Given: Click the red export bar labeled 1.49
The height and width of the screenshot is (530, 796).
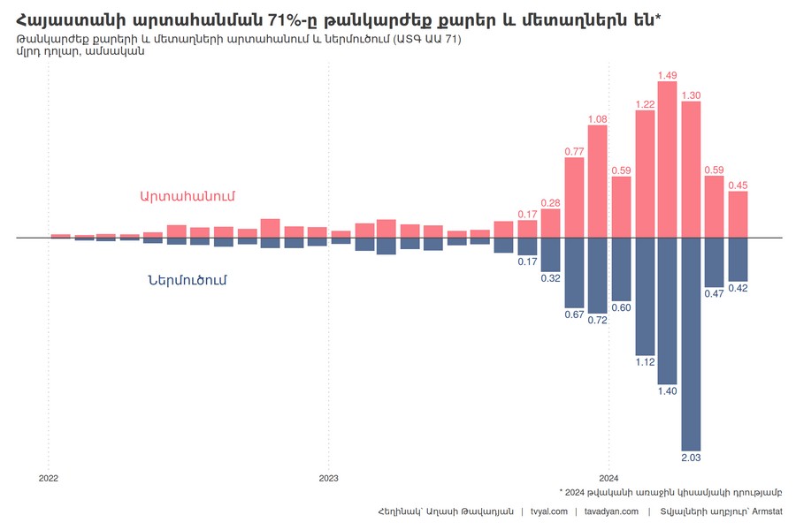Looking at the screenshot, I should tap(668, 160).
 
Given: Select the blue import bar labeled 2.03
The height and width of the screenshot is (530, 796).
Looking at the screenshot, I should tap(691, 344).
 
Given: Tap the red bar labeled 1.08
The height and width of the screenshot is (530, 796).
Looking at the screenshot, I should tap(598, 182).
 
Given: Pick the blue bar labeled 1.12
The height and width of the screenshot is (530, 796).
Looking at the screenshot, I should tap(645, 296).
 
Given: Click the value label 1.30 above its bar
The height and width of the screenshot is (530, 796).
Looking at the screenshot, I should tap(692, 95).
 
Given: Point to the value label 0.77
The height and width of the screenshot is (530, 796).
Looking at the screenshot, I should tap(574, 152).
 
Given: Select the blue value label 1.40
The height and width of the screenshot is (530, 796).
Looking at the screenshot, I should tap(668, 390).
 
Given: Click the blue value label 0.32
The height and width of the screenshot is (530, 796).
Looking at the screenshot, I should tap(550, 278).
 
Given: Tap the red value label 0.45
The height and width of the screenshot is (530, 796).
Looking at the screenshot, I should tap(738, 185).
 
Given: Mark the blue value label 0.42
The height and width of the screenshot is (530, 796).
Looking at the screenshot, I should tap(738, 288).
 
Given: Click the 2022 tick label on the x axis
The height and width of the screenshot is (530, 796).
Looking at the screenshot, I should tap(49, 477).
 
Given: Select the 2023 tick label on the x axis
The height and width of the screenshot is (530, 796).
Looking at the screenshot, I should tap(328, 477).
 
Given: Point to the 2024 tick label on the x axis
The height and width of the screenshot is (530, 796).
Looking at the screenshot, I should tap(608, 477).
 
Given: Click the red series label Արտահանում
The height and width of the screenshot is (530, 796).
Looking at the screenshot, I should tap(187, 195).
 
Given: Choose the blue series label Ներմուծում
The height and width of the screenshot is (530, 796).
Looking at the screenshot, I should tap(188, 280).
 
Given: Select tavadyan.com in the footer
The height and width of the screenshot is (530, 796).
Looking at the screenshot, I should tap(611, 511).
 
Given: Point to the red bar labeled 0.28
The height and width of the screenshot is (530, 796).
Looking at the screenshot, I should tap(551, 223).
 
